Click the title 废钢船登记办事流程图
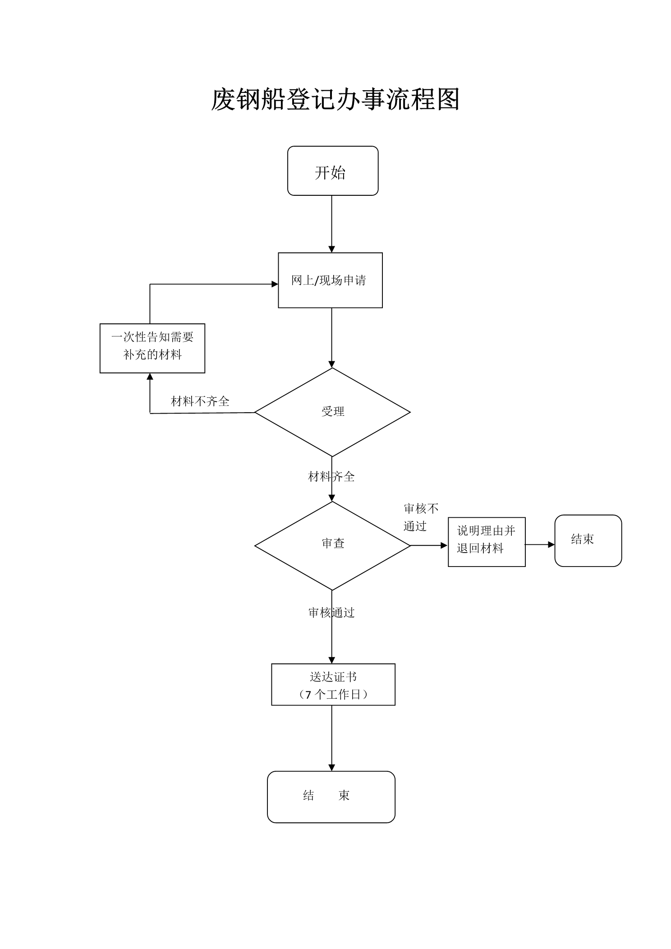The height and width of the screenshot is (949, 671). click(x=335, y=99)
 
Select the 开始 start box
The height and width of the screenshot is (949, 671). click(x=333, y=170)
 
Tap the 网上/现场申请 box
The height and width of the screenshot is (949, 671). click(x=330, y=280)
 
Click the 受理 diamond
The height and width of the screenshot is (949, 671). click(x=332, y=412)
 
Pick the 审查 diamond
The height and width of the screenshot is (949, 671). click(x=332, y=546)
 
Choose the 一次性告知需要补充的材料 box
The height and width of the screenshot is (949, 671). click(x=152, y=348)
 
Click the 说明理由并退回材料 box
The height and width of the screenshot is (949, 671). click(x=487, y=542)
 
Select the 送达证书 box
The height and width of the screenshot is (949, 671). click(x=333, y=684)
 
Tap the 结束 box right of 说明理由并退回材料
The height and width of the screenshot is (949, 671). click(x=588, y=540)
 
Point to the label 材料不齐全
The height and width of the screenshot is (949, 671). click(x=200, y=401)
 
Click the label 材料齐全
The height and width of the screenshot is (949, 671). click(x=331, y=476)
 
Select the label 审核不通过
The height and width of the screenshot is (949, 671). click(x=421, y=517)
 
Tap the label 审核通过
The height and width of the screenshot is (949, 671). click(x=331, y=613)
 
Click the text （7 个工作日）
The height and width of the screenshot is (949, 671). click(x=333, y=695)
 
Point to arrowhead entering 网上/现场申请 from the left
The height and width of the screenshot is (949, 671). click(x=275, y=284)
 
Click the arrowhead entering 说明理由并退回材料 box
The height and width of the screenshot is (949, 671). click(x=444, y=545)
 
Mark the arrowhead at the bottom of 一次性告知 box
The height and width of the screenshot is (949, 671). click(x=150, y=377)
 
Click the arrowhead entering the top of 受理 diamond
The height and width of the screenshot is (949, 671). click(x=332, y=364)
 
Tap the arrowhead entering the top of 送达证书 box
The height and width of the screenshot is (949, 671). click(x=332, y=660)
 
